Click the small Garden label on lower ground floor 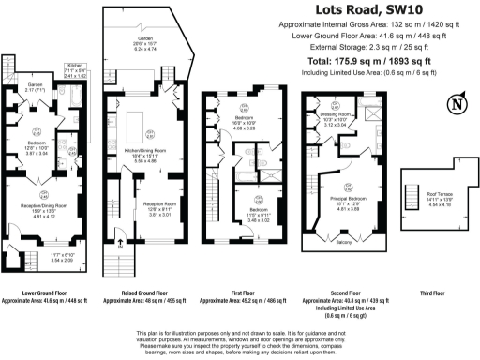point(35,86)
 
